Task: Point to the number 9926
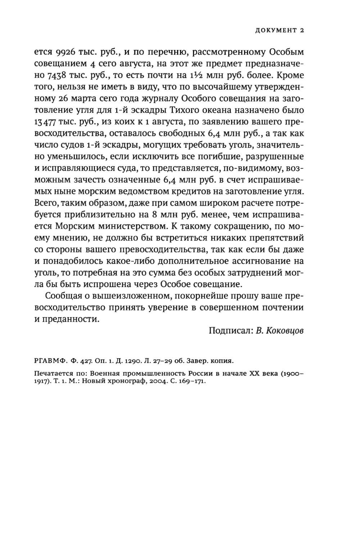[65, 52]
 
